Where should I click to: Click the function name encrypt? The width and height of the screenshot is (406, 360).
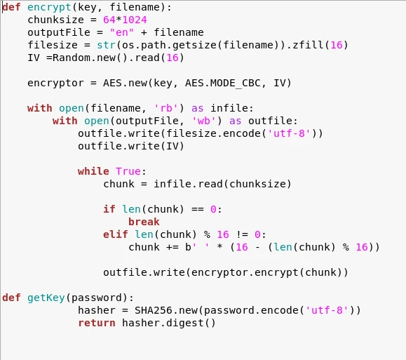(x=49, y=8)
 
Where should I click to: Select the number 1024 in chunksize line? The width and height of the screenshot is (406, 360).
(x=135, y=20)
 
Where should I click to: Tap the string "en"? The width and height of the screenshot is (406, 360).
(x=122, y=32)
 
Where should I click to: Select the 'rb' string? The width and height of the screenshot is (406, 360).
(x=166, y=108)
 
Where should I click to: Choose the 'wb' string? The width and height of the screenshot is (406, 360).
(x=204, y=121)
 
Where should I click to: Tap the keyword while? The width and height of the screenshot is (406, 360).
(x=93, y=171)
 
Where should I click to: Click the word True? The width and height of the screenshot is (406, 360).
(x=128, y=171)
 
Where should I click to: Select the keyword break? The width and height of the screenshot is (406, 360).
(x=144, y=222)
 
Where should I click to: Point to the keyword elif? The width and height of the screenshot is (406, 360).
(x=116, y=234)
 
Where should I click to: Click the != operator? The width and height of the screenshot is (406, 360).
(x=242, y=234)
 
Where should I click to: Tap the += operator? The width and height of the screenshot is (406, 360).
(x=172, y=247)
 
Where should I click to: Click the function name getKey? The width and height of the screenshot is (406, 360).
(x=46, y=298)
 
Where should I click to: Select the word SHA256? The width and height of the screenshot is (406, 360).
(x=154, y=310)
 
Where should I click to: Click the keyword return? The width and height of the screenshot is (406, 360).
(x=97, y=324)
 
